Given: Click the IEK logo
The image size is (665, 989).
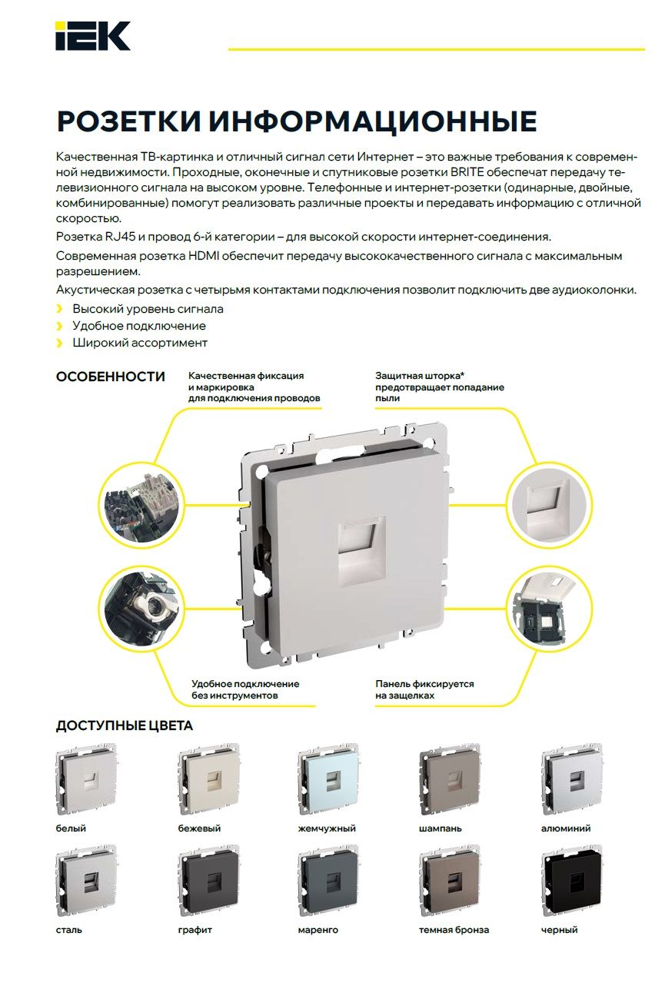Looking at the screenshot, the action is [x=92, y=36].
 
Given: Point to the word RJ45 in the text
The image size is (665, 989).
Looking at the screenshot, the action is [x=119, y=237].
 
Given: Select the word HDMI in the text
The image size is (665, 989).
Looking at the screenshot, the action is [x=204, y=256].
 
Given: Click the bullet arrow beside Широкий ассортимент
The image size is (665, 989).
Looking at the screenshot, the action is [x=60, y=343].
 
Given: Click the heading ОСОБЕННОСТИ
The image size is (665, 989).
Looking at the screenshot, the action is [x=111, y=377].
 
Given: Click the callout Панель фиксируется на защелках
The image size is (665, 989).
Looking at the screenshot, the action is [x=424, y=689].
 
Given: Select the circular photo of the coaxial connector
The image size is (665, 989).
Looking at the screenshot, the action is [x=141, y=609].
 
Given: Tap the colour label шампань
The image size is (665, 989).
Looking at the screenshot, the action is [x=441, y=828].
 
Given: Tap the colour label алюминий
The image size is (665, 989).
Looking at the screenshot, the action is [x=566, y=828].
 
